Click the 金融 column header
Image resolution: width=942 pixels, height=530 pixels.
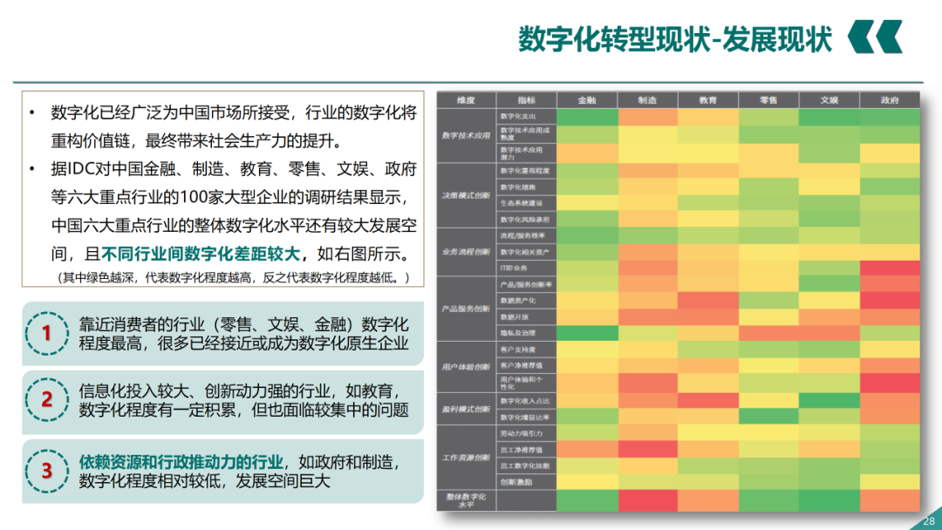(x=587, y=100)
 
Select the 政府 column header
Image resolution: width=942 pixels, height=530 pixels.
(x=890, y=100)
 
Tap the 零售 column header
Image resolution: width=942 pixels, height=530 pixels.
(x=768, y=100)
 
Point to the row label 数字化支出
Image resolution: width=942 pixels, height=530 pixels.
(x=516, y=116)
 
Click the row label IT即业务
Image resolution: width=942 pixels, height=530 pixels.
(x=512, y=268)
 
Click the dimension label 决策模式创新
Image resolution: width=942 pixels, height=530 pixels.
(x=466, y=194)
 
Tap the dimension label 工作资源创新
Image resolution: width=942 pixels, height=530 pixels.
(x=466, y=457)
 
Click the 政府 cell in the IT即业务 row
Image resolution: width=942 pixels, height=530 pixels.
(x=890, y=268)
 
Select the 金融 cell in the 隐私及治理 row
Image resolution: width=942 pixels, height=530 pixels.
(x=587, y=332)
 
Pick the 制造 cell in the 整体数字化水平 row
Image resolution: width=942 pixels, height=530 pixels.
(x=647, y=500)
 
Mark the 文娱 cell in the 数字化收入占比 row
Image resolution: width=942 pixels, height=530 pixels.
(x=829, y=400)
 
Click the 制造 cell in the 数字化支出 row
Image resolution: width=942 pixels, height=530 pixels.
(x=647, y=116)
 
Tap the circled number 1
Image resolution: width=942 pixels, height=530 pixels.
(x=47, y=332)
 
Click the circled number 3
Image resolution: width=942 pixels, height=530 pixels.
(x=47, y=471)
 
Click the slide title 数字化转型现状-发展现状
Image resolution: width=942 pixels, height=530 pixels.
(x=675, y=39)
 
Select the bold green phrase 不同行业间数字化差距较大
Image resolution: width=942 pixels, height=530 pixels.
(x=201, y=254)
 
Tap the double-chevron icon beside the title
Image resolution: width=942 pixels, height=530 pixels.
(x=875, y=37)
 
